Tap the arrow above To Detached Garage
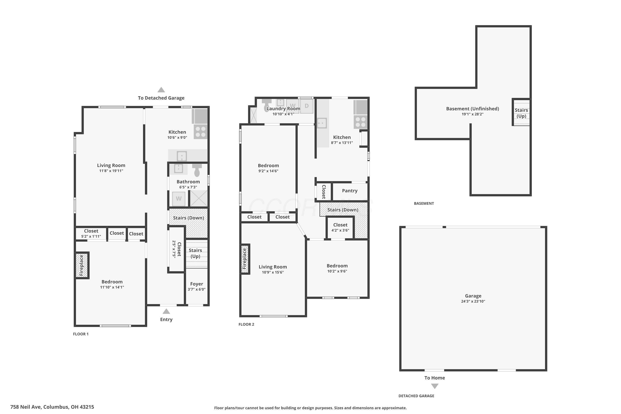tap(161, 90)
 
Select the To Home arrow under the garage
tap(434, 386)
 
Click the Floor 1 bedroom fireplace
tap(82, 265)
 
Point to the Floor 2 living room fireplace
tap(244, 259)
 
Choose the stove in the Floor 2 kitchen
tap(360, 122)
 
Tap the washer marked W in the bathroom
tap(179, 199)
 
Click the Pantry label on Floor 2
tap(350, 191)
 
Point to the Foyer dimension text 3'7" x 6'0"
tap(196, 289)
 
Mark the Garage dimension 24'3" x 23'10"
tap(473, 301)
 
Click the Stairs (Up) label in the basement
tap(521, 113)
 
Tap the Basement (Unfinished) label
tap(473, 108)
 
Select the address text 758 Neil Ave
tap(26, 407)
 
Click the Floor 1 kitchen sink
tap(182, 156)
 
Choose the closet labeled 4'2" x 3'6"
tap(340, 227)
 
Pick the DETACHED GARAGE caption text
tap(416, 396)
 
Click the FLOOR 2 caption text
tap(246, 324)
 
